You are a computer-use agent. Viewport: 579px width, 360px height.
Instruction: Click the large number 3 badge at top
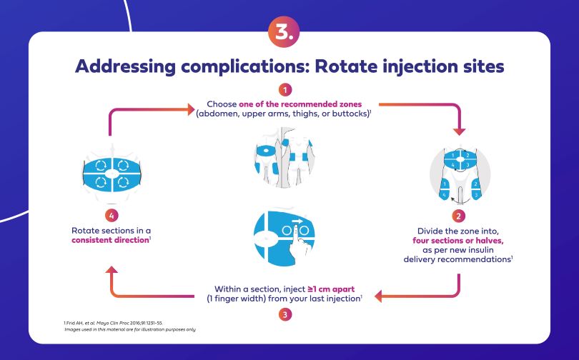284,31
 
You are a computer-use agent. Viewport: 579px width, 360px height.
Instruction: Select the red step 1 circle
285,91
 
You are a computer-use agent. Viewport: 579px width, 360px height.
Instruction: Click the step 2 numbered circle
459,214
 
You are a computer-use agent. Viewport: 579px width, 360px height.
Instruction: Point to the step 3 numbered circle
285,314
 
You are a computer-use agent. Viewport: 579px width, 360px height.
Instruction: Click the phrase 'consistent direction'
108,241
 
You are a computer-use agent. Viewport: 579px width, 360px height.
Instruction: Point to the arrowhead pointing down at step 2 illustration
459,131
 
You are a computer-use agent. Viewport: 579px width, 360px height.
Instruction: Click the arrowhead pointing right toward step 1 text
191,110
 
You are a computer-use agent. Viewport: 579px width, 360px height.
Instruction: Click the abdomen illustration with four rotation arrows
110,172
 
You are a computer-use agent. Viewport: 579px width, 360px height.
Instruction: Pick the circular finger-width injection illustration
284,236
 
